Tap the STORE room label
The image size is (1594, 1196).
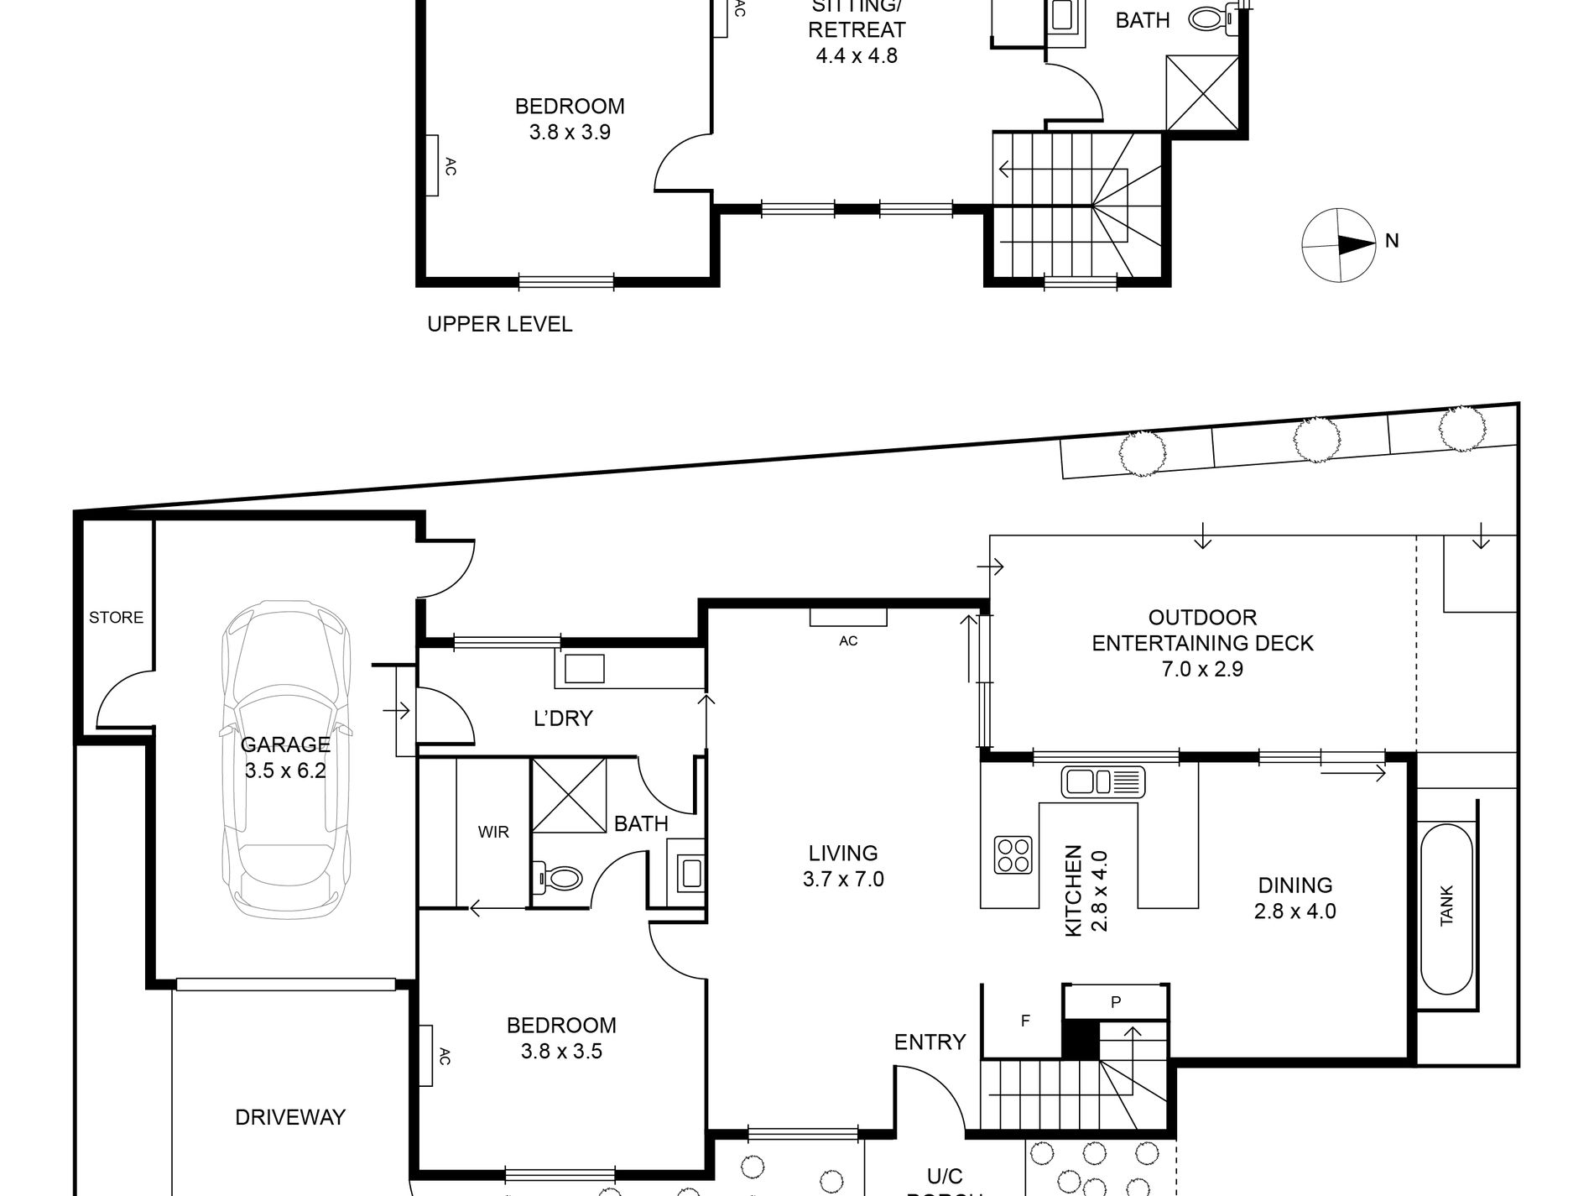click(x=116, y=618)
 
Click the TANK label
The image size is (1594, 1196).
click(x=1446, y=907)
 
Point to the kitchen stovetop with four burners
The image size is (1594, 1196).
click(x=1013, y=854)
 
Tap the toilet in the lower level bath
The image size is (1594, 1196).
click(x=560, y=879)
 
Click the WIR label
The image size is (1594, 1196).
click(x=493, y=833)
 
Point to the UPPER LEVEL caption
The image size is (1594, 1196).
click(x=500, y=324)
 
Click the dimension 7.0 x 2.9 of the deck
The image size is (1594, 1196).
click(x=1202, y=669)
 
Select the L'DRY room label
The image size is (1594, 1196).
click(x=563, y=718)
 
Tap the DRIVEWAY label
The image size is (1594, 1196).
click(x=290, y=1117)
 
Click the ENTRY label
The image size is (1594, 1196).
click(x=930, y=1042)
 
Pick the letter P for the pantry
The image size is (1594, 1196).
click(x=1116, y=1001)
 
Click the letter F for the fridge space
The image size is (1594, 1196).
click(x=1025, y=1021)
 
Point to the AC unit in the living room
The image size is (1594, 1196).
click(x=848, y=618)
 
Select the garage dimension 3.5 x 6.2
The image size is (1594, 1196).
click(x=285, y=770)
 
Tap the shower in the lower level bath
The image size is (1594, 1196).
click(x=569, y=794)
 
